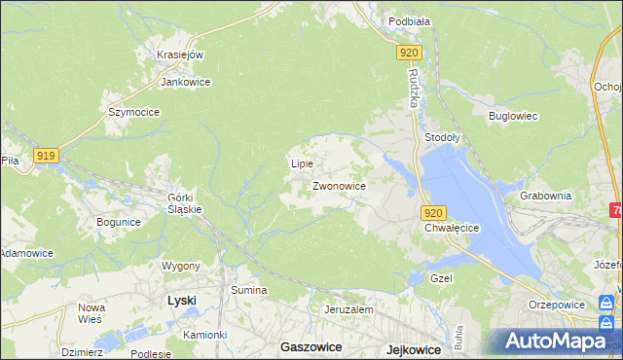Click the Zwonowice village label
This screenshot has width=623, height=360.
(x=339, y=185)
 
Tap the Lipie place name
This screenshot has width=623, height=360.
(x=302, y=163)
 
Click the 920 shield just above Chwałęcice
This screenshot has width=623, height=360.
(x=434, y=213)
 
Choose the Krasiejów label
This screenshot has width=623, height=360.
(x=180, y=54)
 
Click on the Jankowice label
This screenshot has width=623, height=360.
(x=186, y=82)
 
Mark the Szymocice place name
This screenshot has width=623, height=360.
(x=133, y=112)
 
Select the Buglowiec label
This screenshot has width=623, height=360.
(x=513, y=116)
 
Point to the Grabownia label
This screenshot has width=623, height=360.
(x=545, y=195)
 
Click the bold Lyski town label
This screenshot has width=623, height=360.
(x=181, y=301)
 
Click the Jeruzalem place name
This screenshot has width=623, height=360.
(x=348, y=309)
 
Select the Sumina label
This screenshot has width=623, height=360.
(x=248, y=290)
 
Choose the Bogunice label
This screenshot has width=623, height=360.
(x=119, y=222)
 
